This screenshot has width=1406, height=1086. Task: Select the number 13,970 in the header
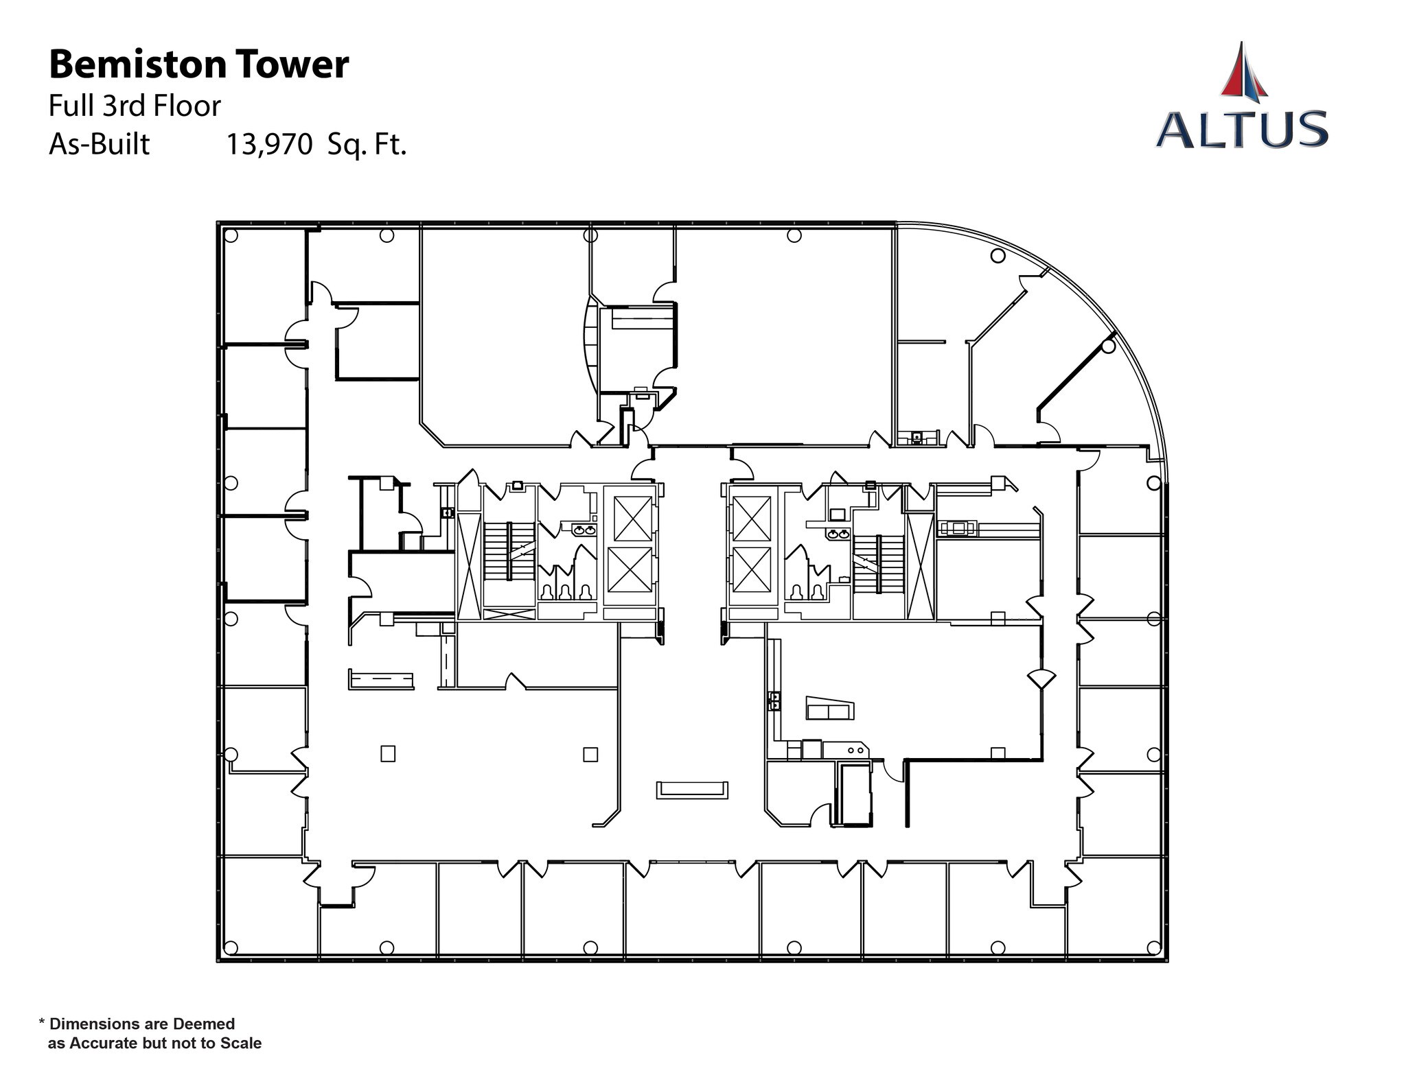[x=269, y=145]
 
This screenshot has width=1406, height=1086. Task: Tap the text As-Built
[x=100, y=145]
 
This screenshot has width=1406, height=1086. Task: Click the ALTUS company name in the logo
[x=1241, y=130]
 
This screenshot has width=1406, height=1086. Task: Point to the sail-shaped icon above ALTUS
[x=1243, y=70]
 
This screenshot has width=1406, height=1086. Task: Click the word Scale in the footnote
[x=241, y=1043]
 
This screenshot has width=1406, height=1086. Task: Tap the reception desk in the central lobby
[x=692, y=790]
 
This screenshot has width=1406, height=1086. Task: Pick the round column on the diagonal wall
[x=1107, y=347]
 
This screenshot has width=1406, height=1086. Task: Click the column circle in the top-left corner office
[x=231, y=236]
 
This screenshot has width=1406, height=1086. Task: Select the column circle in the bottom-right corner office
[x=1153, y=947]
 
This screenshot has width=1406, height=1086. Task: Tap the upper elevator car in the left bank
[x=632, y=518]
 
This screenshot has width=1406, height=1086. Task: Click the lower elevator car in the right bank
[x=752, y=569]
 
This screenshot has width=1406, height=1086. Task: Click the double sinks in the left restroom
[x=584, y=530]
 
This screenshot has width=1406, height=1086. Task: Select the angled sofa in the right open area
[x=830, y=709]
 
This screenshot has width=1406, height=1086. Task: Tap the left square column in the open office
[x=388, y=754]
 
